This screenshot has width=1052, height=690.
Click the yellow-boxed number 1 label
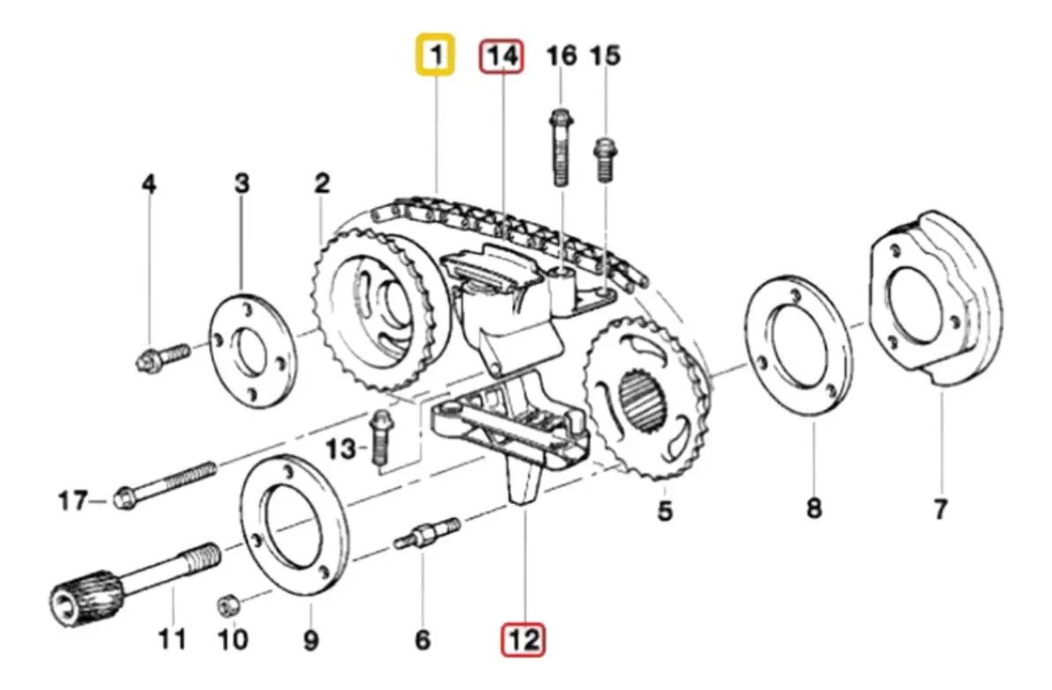click(436, 55)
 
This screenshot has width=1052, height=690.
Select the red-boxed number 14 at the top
click(502, 56)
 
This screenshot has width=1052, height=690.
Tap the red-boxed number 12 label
click(524, 640)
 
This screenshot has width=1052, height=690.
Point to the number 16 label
click(562, 56)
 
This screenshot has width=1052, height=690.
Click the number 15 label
click(605, 56)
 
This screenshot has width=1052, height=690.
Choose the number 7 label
click(940, 508)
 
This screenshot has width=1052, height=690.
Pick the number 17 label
click(73, 501)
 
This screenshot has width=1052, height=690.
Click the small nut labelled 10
click(228, 605)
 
